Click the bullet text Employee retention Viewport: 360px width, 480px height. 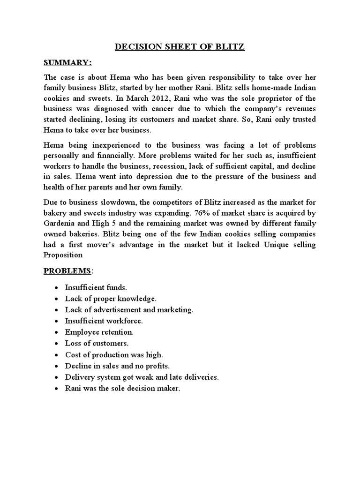[x=99, y=331]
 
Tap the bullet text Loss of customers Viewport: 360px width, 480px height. [x=97, y=343]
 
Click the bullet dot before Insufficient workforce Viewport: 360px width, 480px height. [x=57, y=321]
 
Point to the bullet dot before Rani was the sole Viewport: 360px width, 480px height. [x=57, y=389]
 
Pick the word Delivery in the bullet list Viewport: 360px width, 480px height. [x=78, y=377]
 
